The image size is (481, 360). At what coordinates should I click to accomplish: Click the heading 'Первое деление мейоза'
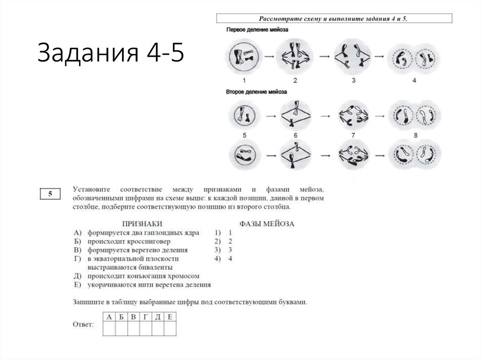257,31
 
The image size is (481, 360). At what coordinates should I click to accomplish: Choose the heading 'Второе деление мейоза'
256,93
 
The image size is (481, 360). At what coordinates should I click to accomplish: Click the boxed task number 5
49,193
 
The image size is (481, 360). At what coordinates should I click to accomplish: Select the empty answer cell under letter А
109,329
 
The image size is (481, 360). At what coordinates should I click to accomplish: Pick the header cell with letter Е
170,317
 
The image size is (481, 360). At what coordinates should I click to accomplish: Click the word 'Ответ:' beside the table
84,324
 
